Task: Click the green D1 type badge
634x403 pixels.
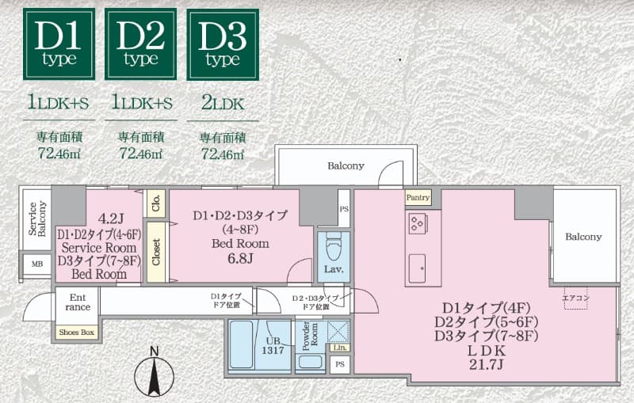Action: pyautogui.click(x=59, y=44)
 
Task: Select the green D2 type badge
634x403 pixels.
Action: pyautogui.click(x=141, y=44)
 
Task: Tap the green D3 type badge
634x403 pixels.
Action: pyautogui.click(x=223, y=44)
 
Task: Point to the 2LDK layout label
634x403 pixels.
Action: pyautogui.click(x=223, y=103)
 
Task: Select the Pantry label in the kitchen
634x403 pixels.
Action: pyautogui.click(x=418, y=198)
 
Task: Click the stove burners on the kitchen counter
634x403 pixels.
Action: pyautogui.click(x=418, y=222)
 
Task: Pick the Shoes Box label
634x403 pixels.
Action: pyautogui.click(x=77, y=333)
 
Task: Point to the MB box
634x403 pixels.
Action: pyautogui.click(x=37, y=264)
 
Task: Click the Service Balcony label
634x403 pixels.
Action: pyautogui.click(x=37, y=220)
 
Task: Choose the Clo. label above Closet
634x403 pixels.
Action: pyautogui.click(x=155, y=203)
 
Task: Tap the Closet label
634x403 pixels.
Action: pyautogui.click(x=155, y=251)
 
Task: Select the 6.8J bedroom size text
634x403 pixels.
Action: pyautogui.click(x=240, y=258)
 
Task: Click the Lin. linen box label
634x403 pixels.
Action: pyautogui.click(x=340, y=348)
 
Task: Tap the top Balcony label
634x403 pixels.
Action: pyautogui.click(x=346, y=166)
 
